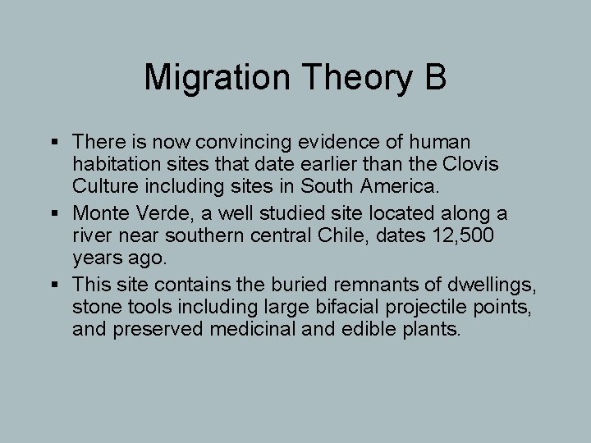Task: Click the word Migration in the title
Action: point(215,79)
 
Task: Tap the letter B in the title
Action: point(435,77)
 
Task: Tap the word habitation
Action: point(112,166)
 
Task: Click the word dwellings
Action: point(494,284)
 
